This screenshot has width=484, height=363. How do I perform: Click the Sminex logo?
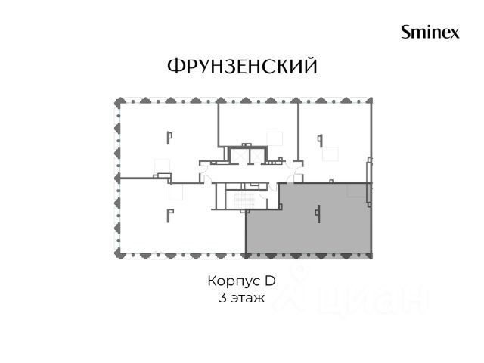pos(430,32)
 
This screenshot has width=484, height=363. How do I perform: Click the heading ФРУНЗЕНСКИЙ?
pos(242,66)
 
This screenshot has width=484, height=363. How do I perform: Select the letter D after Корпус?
pos(270,281)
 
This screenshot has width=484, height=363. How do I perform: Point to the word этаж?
pos(248,299)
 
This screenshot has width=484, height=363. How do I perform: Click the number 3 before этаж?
pos(222,298)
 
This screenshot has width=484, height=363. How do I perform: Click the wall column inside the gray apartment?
pos(318,213)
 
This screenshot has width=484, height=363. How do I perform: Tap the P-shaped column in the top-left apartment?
pos(169,138)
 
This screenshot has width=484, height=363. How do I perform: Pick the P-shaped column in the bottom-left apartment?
pos(169,216)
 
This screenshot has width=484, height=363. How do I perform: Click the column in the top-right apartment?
pos(321,141)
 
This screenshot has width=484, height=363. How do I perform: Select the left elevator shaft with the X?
pos(238,155)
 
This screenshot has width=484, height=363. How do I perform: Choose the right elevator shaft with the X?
pos(256,155)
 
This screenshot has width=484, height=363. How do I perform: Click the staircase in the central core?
pos(244,200)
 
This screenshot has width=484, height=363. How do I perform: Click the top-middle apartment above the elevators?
pos(258,123)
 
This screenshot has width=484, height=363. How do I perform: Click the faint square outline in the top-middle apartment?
pos(275,138)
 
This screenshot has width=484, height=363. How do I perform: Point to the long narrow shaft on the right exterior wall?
pos(368,182)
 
